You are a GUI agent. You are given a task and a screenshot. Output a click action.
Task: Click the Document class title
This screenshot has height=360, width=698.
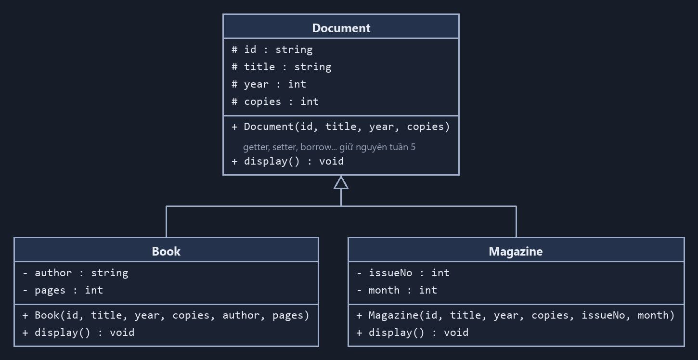[341, 28]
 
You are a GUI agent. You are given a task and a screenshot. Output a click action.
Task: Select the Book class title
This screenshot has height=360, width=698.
[166, 251]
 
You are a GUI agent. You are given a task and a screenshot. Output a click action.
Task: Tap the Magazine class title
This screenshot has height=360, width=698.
[516, 251]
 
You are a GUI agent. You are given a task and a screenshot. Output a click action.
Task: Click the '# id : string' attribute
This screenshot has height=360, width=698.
[272, 50]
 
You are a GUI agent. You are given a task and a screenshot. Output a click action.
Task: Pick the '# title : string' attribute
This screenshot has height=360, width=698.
[282, 67]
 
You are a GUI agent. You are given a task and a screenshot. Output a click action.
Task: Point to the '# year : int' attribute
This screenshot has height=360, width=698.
[269, 84]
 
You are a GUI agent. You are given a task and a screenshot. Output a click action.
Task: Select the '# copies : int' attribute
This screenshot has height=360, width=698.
[275, 102]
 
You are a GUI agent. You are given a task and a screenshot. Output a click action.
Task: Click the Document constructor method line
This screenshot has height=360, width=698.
[341, 127]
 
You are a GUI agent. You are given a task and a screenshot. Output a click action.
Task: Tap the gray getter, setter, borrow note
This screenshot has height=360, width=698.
[329, 147]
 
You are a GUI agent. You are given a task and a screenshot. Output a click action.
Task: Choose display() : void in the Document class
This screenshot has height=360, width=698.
[287, 161]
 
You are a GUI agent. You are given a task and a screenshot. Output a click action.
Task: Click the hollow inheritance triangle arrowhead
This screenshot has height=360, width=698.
[341, 183]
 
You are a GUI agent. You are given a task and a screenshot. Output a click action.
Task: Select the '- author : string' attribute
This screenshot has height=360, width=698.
[75, 273]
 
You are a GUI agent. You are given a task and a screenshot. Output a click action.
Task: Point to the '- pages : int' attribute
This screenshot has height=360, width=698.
[63, 290]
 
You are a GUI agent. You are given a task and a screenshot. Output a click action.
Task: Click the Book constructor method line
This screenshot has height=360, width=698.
[166, 315]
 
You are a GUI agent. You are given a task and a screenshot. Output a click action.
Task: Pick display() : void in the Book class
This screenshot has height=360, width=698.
[78, 333]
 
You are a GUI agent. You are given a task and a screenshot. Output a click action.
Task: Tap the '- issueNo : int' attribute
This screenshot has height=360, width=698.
[403, 273]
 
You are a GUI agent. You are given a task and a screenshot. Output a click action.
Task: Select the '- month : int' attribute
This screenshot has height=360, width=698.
[397, 290]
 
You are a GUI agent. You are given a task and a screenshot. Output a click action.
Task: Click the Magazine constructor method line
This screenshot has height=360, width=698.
[516, 315]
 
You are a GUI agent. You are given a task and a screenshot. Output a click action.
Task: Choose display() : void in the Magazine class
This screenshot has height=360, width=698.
[412, 333]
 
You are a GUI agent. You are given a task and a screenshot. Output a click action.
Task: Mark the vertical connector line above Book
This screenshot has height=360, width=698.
[167, 221]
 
